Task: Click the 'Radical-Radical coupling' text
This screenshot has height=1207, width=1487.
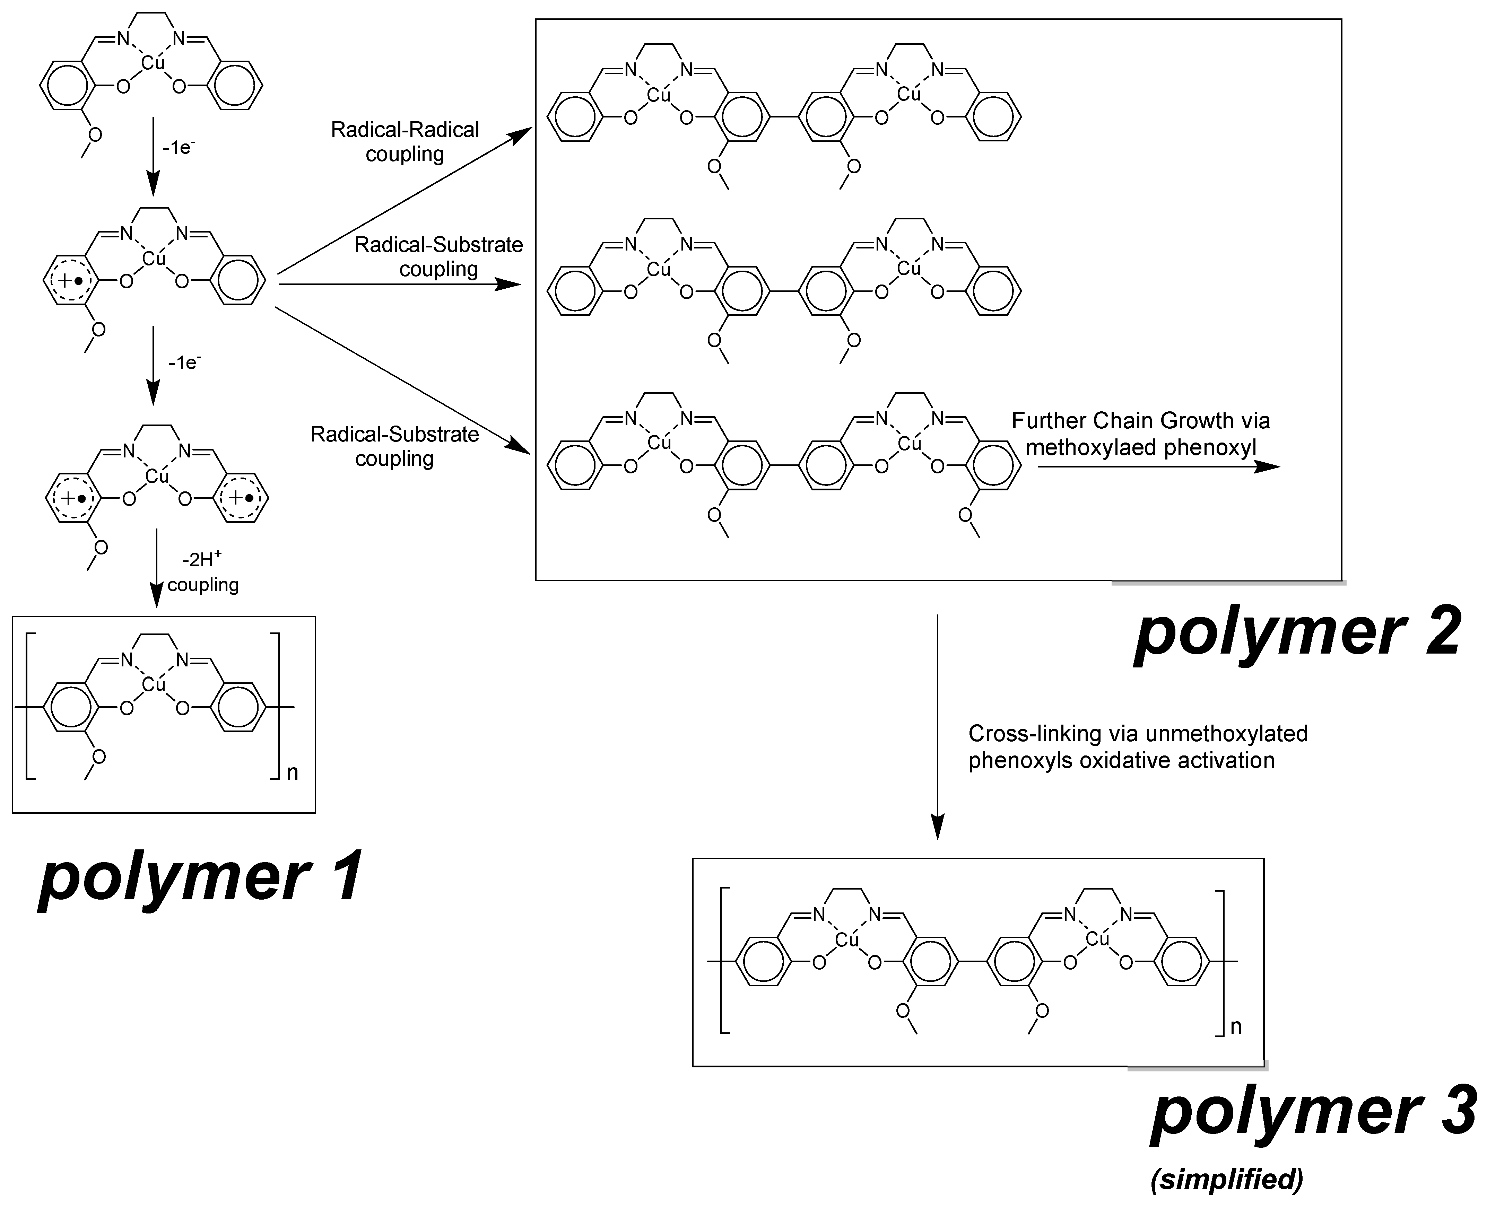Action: tap(405, 142)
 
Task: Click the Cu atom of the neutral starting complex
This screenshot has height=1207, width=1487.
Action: tap(153, 63)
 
